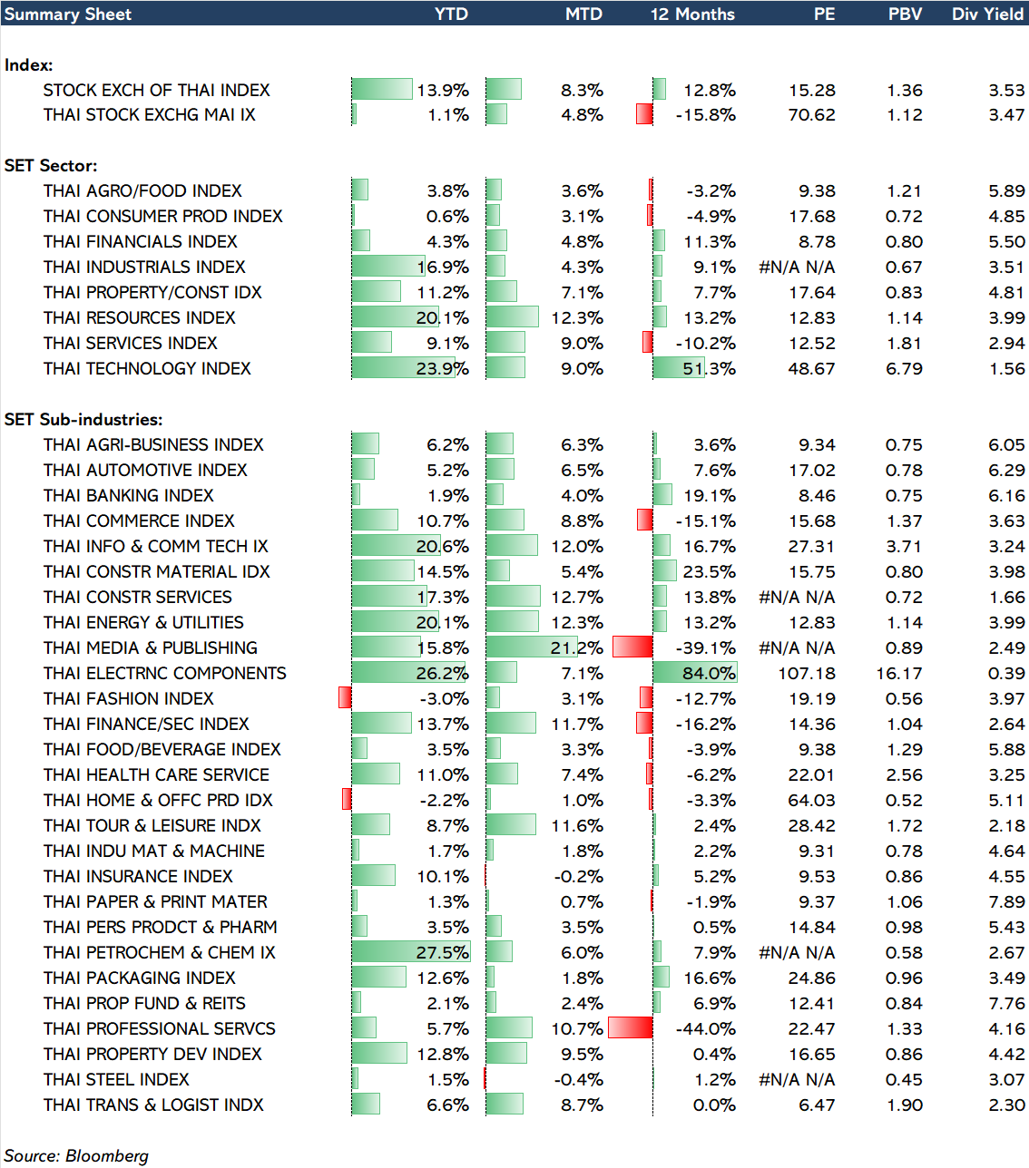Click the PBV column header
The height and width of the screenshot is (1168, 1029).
pos(905,14)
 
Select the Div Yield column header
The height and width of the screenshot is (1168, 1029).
pos(987,14)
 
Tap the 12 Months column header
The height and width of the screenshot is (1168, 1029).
pos(692,14)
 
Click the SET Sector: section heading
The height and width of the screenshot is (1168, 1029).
pos(51,165)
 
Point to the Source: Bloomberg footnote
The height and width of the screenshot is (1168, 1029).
pos(76,1155)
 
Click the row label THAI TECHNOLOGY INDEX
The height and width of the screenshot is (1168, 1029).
pos(147,368)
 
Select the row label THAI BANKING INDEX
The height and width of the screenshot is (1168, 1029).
pos(129,495)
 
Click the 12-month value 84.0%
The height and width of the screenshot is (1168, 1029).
pos(709,673)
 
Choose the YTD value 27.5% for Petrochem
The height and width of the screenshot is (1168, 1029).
pos(443,952)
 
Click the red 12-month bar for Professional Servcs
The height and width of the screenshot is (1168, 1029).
pos(630,1027)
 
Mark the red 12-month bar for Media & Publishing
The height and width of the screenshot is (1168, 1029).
pos(632,647)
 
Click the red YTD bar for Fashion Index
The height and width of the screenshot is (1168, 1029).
pos(345,697)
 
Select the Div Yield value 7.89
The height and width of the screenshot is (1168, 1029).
pos(1006,901)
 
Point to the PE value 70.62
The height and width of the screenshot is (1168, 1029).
pos(811,114)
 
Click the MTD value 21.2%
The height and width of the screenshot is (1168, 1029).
pos(576,647)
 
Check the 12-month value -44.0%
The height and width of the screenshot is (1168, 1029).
pos(706,1028)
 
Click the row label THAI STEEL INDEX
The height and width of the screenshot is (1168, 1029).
pos(116,1079)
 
